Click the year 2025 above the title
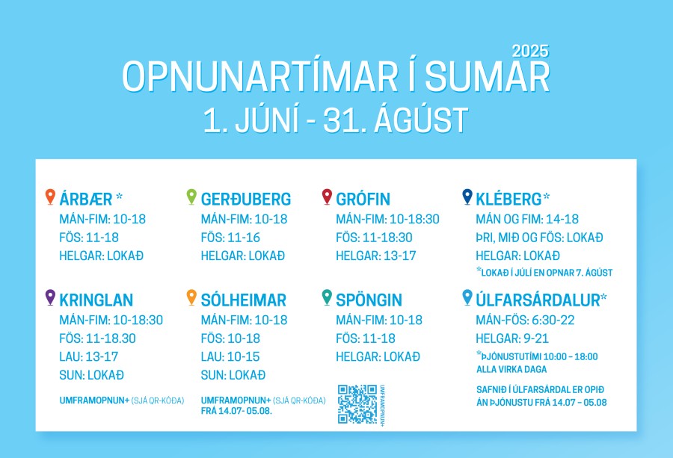coord(530,52)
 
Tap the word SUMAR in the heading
coord(488,77)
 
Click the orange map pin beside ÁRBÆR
coord(50,196)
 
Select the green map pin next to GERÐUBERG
coord(191,196)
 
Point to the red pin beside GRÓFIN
coord(327,196)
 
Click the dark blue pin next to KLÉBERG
coord(467,196)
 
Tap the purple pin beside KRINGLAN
coord(50,297)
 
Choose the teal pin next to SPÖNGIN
coord(327,297)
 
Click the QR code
coord(357,404)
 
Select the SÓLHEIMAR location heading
coord(243,300)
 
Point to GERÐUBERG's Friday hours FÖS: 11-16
coord(230,238)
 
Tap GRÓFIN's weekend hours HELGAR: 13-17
coord(376,256)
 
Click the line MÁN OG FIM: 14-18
coord(527,219)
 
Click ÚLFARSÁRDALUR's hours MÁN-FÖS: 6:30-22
coord(525,321)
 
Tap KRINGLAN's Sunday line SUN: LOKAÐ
coord(91,375)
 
